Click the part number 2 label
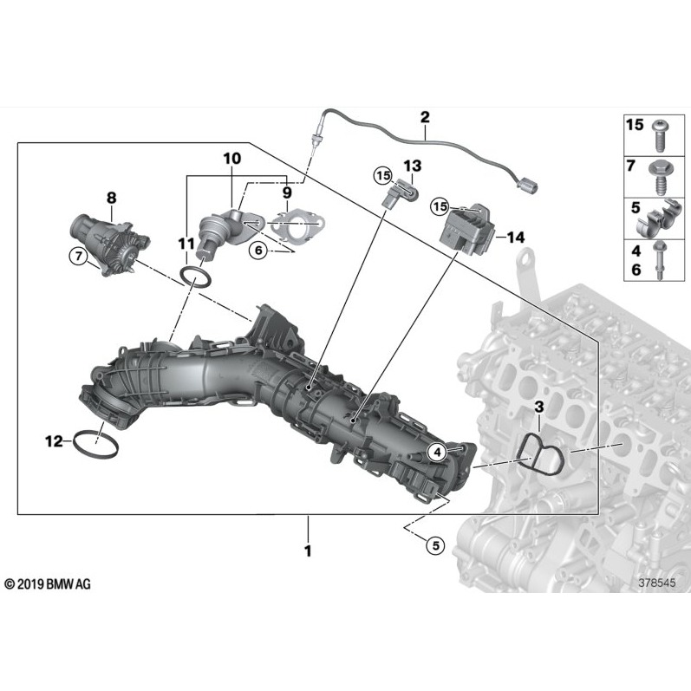coord(425,115)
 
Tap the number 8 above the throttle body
coord(111,198)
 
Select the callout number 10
coord(231,159)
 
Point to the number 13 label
coord(411,165)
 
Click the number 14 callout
coord(517,237)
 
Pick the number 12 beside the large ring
coord(54,441)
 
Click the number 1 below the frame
coord(307,550)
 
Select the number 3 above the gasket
coord(538,407)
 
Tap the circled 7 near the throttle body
coord(78,255)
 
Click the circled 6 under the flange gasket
coord(257,250)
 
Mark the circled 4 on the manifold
coord(437,451)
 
